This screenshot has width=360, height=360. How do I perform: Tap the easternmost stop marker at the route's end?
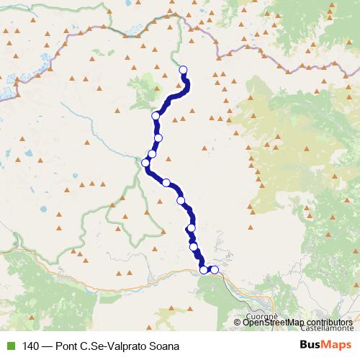coord(214,270)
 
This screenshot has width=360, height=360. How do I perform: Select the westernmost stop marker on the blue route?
coord(146,163)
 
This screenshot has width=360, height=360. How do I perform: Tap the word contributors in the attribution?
coord(330,322)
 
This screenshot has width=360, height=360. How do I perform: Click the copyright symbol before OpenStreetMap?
coord(238,322)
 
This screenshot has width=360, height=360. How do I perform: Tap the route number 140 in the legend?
coord(30,346)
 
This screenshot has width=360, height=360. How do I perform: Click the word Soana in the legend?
coord(163,346)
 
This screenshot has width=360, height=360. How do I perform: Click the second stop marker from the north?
coord(156,116)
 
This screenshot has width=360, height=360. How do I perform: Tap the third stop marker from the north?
coord(158,138)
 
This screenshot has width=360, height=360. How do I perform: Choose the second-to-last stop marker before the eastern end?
coord(204,270)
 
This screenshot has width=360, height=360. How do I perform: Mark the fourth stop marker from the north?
coord(152,153)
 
